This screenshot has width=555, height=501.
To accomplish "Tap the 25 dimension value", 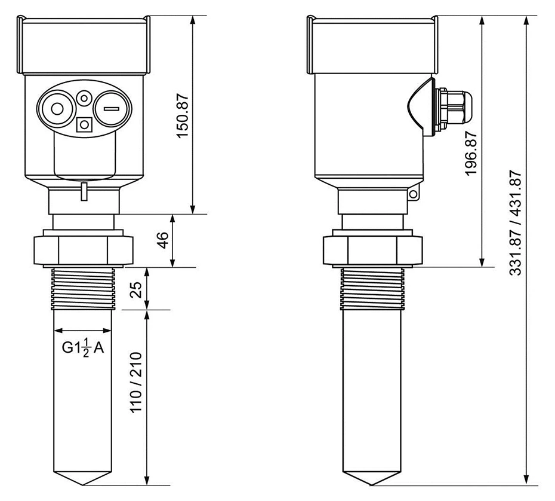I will (x=136, y=289).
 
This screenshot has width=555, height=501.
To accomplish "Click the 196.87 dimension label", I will (x=471, y=154).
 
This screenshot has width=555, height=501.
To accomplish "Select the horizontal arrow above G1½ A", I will (x=83, y=329).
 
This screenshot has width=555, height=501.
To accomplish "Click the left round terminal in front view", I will (x=57, y=109).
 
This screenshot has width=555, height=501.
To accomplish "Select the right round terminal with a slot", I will (x=111, y=109).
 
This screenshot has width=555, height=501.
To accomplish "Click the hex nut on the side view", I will (x=372, y=250).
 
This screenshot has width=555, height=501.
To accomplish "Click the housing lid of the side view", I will (x=372, y=45).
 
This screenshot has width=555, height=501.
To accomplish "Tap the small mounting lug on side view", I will (x=414, y=194).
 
